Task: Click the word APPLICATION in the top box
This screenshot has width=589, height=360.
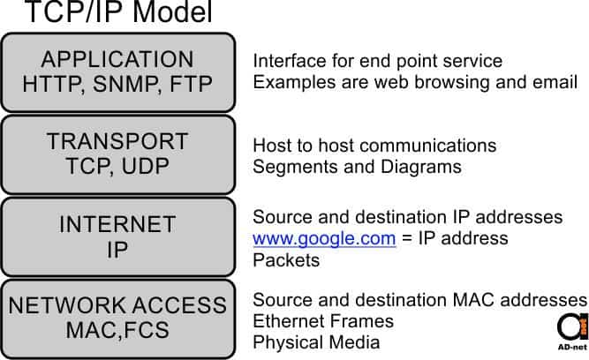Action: point(117,59)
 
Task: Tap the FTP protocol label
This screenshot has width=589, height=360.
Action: point(192,84)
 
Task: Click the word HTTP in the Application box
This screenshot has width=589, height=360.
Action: point(53,84)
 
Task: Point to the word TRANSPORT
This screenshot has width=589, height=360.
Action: point(117,141)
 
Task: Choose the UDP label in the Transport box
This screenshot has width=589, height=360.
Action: point(146,166)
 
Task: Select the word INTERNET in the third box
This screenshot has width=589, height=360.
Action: point(117,224)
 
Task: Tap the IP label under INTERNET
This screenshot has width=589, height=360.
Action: point(117,249)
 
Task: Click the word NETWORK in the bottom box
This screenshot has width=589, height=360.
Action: point(67,305)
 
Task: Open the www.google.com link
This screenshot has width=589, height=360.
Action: point(324,239)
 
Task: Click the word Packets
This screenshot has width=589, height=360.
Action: point(286,260)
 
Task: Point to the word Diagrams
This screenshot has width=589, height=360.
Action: point(421,167)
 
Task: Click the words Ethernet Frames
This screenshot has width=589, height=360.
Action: point(323,321)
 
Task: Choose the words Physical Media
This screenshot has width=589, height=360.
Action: point(316,342)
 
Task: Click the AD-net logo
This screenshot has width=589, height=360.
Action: point(573,332)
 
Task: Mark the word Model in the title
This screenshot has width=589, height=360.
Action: point(173,11)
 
